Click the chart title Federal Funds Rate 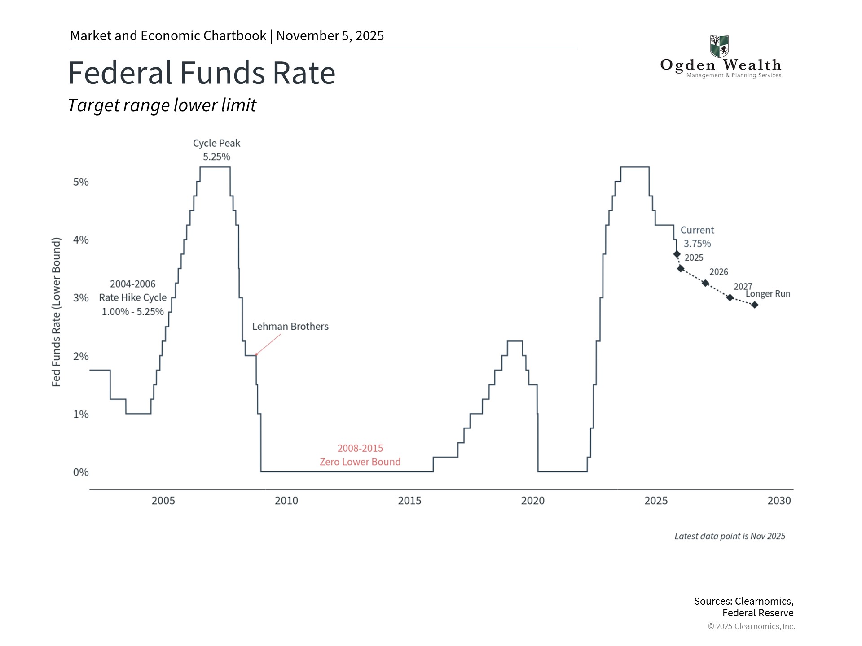(x=202, y=73)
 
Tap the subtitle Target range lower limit (x=162, y=105)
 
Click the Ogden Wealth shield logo (x=719, y=46)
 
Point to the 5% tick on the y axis (x=81, y=182)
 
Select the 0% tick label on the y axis (x=81, y=472)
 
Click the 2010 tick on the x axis (x=286, y=501)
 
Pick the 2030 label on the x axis (x=779, y=501)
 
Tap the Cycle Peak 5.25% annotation (x=216, y=150)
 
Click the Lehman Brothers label (x=290, y=327)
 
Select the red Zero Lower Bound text (x=360, y=462)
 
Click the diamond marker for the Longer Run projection (x=755, y=305)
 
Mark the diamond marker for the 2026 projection (x=705, y=283)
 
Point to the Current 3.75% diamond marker (x=677, y=254)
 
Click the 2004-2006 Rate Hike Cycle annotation (x=132, y=297)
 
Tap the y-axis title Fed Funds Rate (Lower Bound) (x=56, y=312)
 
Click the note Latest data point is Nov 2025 (x=730, y=536)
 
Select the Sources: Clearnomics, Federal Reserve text (x=744, y=607)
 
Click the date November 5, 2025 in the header (x=330, y=36)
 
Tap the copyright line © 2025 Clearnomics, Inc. (x=751, y=626)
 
